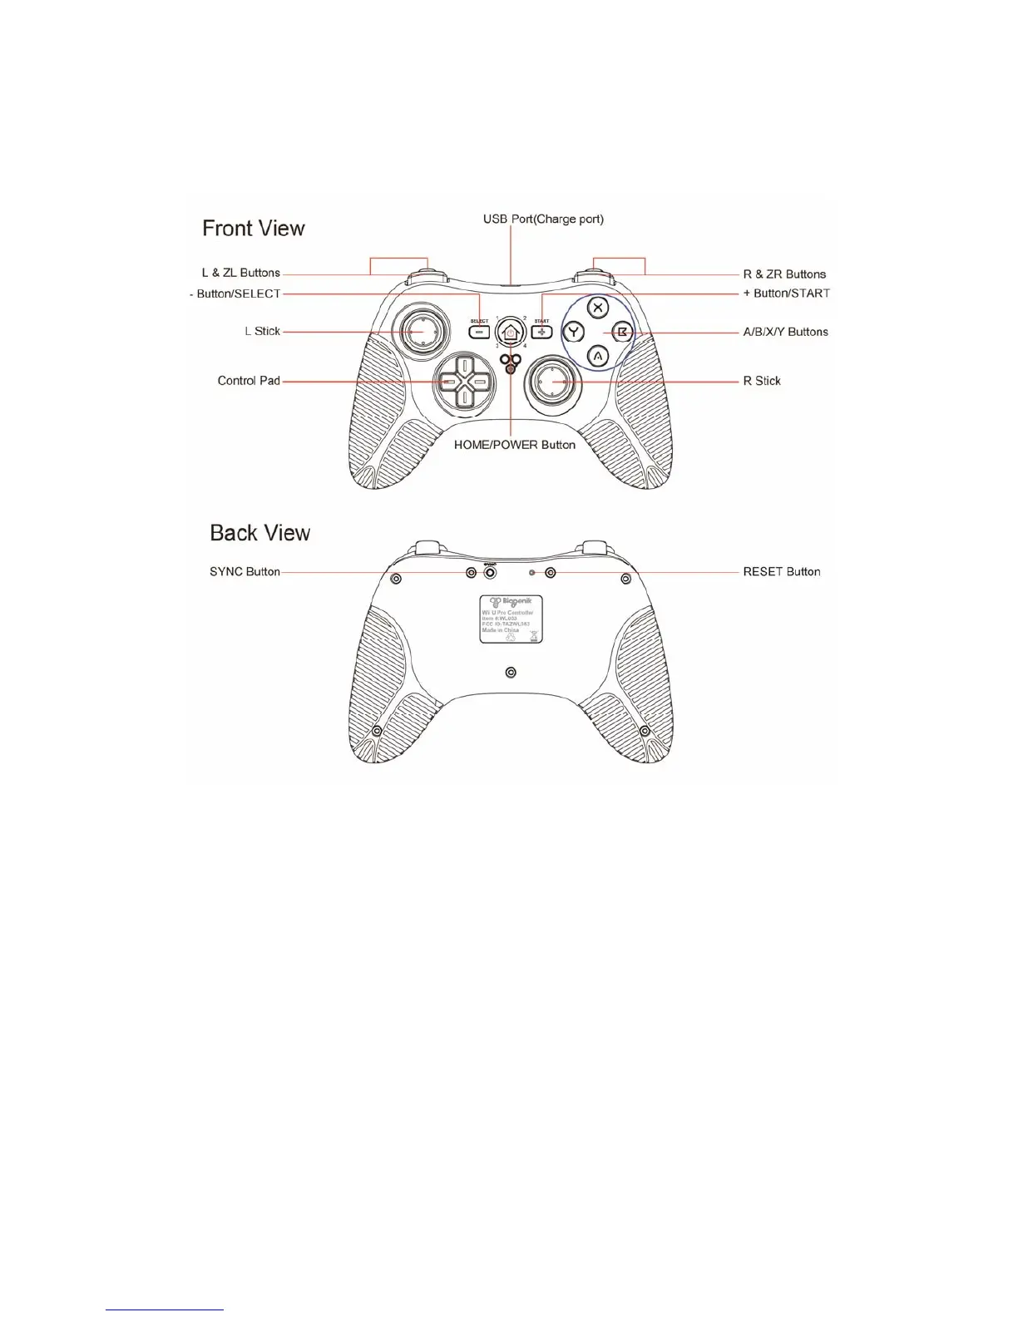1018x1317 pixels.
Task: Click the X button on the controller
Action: (x=597, y=307)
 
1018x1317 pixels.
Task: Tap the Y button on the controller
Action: (x=574, y=333)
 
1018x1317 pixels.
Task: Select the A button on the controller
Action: (x=597, y=357)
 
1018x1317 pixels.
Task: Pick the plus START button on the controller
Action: (x=542, y=332)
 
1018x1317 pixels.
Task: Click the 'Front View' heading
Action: (x=254, y=229)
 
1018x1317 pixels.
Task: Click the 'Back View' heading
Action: (x=259, y=533)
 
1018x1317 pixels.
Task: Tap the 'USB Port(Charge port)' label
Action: (x=543, y=219)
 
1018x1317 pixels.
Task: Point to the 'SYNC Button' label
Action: (x=245, y=572)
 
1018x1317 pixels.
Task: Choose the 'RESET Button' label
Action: (x=781, y=572)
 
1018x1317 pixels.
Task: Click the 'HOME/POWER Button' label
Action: (x=514, y=445)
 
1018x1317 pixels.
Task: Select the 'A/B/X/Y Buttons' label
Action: (x=785, y=332)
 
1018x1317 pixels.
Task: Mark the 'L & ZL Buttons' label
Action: (x=241, y=273)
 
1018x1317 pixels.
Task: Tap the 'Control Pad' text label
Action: (x=249, y=381)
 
